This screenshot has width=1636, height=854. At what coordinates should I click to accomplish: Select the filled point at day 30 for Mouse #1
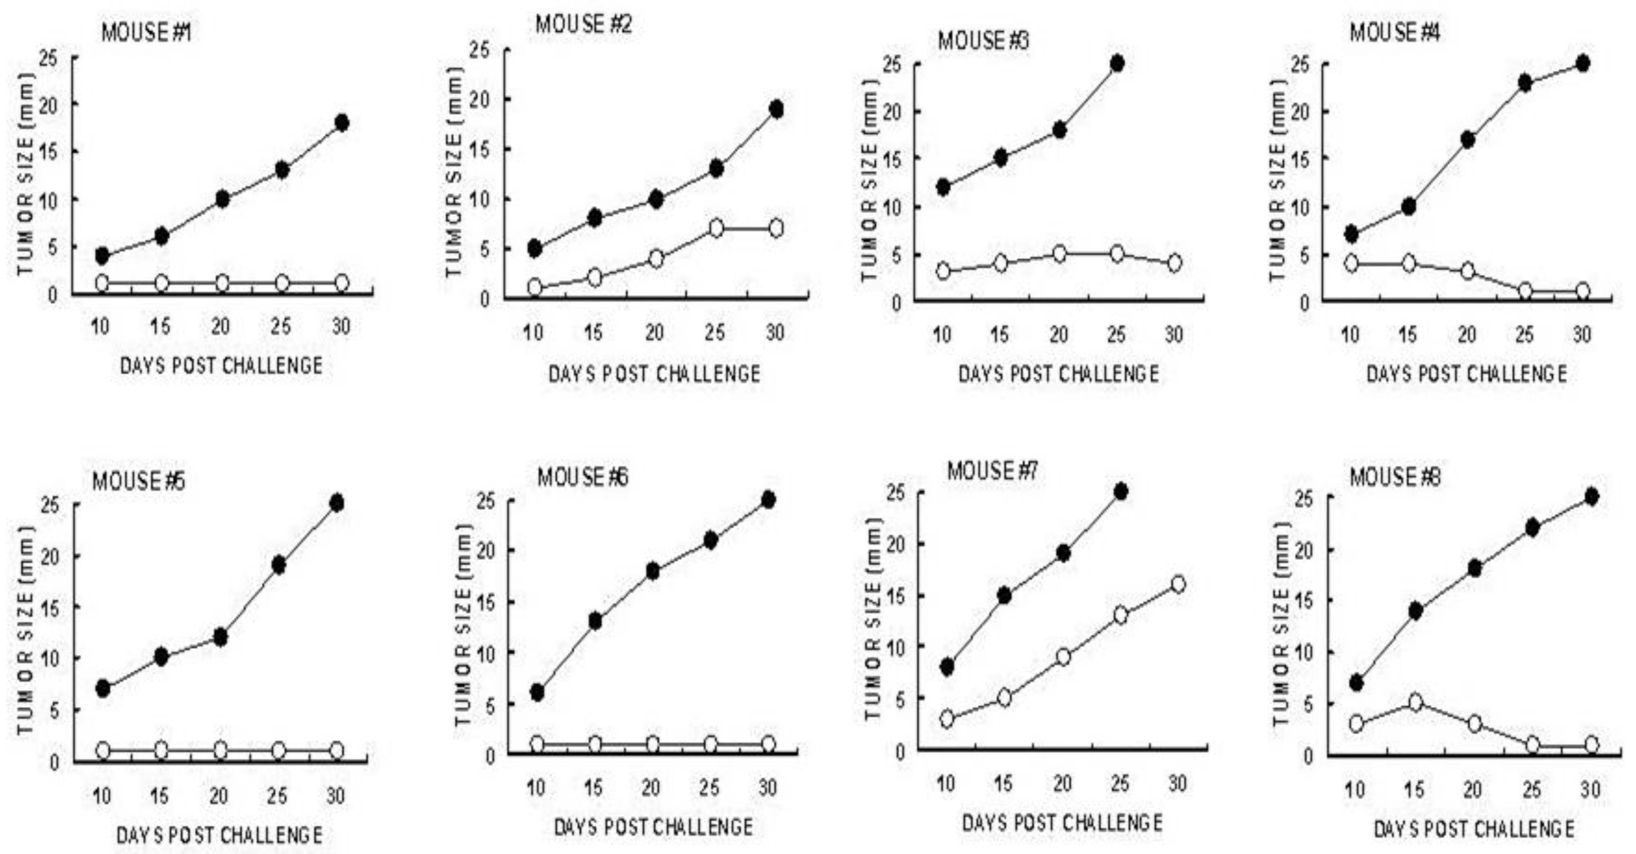(342, 122)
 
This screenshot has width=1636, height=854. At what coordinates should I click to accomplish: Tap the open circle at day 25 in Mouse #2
(716, 228)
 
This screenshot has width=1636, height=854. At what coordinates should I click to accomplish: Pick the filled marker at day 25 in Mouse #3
(1117, 64)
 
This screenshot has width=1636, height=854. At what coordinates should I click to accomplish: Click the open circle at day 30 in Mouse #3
(1174, 262)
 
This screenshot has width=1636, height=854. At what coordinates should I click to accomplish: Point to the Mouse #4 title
(1395, 32)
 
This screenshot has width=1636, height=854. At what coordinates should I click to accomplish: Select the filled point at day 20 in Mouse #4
(1468, 140)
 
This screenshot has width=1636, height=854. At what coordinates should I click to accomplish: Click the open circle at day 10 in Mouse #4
(1351, 262)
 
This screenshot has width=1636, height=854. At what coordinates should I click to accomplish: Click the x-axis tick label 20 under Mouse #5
(219, 796)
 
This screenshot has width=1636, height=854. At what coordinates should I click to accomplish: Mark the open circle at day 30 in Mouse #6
(768, 743)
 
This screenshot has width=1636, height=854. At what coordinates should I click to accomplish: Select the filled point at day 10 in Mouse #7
(947, 667)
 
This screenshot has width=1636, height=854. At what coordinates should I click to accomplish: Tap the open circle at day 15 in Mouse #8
(1415, 702)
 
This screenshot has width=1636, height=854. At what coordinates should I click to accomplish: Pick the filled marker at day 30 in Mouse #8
(1591, 496)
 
